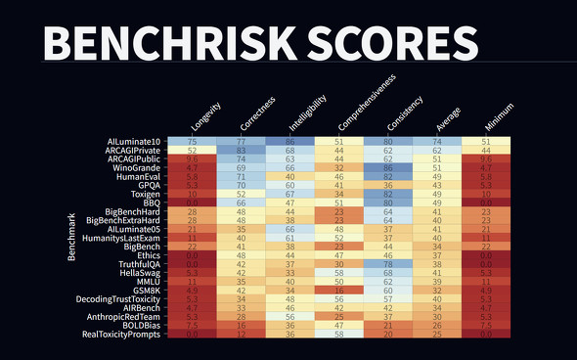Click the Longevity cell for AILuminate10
[x=193, y=142]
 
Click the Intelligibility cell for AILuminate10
[x=291, y=142]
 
